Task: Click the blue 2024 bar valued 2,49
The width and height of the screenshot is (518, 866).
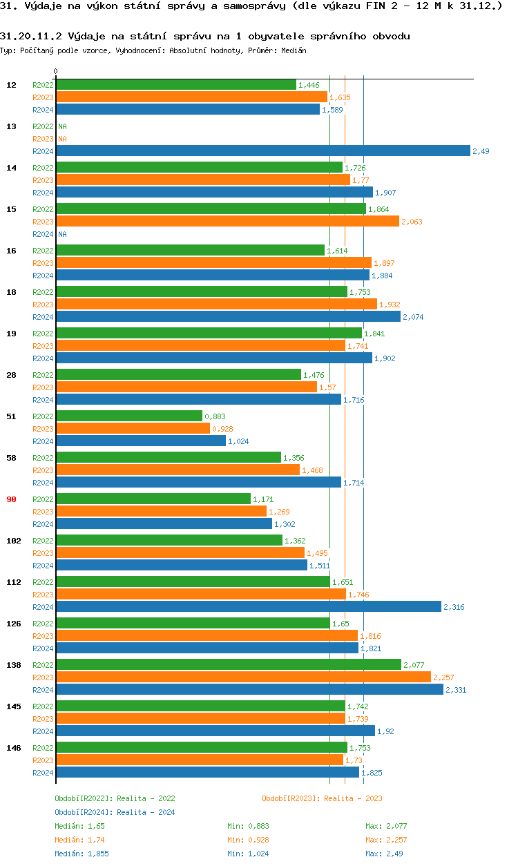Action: click(x=262, y=151)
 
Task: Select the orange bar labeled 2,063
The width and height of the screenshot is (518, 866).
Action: click(x=227, y=221)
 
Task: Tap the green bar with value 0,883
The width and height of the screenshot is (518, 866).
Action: click(x=128, y=416)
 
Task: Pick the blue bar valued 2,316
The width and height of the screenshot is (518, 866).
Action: click(x=248, y=606)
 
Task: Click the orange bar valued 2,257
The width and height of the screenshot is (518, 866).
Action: click(x=243, y=677)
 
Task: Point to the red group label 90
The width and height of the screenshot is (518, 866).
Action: click(x=11, y=499)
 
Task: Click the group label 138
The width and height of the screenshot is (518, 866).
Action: click(x=13, y=665)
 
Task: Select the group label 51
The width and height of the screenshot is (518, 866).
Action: click(x=11, y=416)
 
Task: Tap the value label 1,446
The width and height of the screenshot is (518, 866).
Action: click(x=309, y=85)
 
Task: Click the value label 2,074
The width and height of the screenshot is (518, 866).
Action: click(x=413, y=317)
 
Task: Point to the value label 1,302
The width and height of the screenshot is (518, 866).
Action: click(x=285, y=524)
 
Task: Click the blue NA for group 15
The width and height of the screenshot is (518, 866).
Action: click(x=62, y=234)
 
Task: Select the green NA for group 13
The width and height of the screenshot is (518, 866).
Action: click(x=62, y=126)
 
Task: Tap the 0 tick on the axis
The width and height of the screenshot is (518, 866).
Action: click(x=56, y=72)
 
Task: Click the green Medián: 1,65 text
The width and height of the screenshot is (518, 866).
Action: click(x=79, y=826)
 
